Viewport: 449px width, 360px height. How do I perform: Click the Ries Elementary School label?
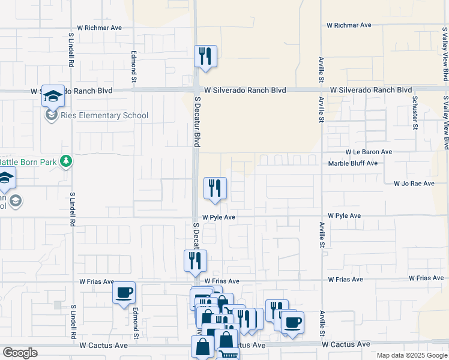(x=104, y=116)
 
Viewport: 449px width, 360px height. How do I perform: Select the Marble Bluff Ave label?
(x=352, y=163)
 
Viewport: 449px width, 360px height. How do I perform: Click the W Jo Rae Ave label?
(x=414, y=184)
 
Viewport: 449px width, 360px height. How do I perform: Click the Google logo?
(x=20, y=353)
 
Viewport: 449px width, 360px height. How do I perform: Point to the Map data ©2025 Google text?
(x=412, y=355)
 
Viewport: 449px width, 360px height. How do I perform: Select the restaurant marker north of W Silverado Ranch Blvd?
(x=205, y=56)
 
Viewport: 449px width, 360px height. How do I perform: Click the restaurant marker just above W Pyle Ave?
(x=214, y=188)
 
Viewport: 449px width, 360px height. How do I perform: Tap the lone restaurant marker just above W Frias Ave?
(x=195, y=260)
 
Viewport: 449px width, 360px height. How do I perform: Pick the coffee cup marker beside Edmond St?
(x=124, y=293)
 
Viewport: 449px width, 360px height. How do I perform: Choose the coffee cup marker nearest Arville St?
(x=292, y=323)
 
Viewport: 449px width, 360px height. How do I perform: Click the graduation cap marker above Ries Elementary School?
(x=53, y=96)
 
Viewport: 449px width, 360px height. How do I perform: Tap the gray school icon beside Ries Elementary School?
(x=51, y=115)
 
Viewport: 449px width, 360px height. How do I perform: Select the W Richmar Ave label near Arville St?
(x=349, y=26)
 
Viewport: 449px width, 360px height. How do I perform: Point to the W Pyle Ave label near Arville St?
(x=344, y=215)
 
